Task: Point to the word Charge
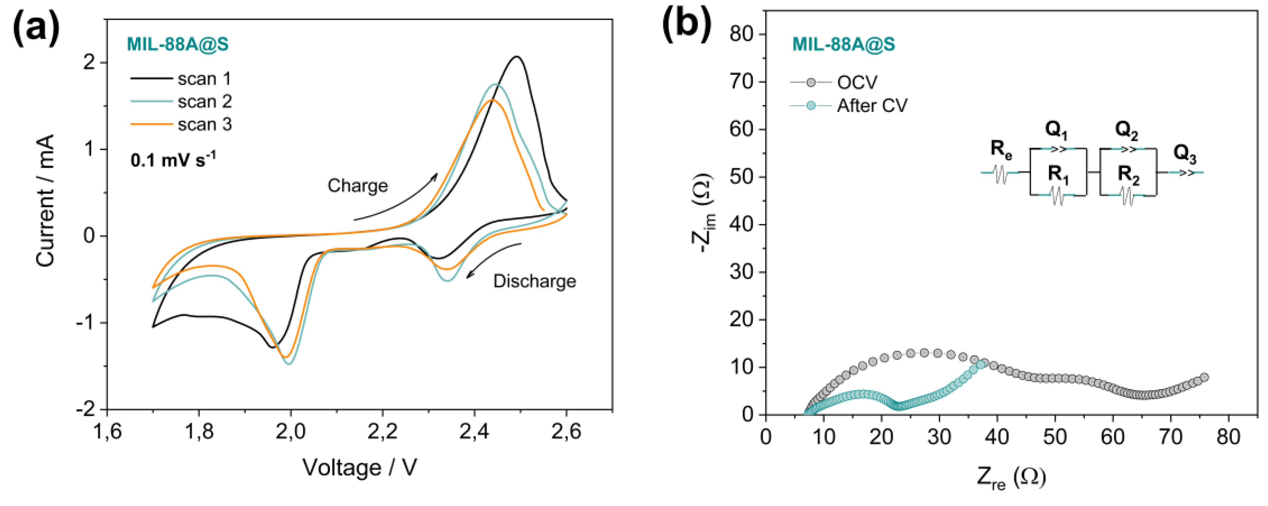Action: tap(358, 186)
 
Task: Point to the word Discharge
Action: tap(535, 281)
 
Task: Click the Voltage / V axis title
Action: tap(359, 467)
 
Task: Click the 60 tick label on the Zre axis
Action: tap(1113, 436)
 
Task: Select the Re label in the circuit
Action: tap(1001, 149)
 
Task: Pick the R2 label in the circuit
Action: tap(1128, 175)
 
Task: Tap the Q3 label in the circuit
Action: tap(1184, 154)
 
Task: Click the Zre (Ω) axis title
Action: tap(1012, 477)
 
